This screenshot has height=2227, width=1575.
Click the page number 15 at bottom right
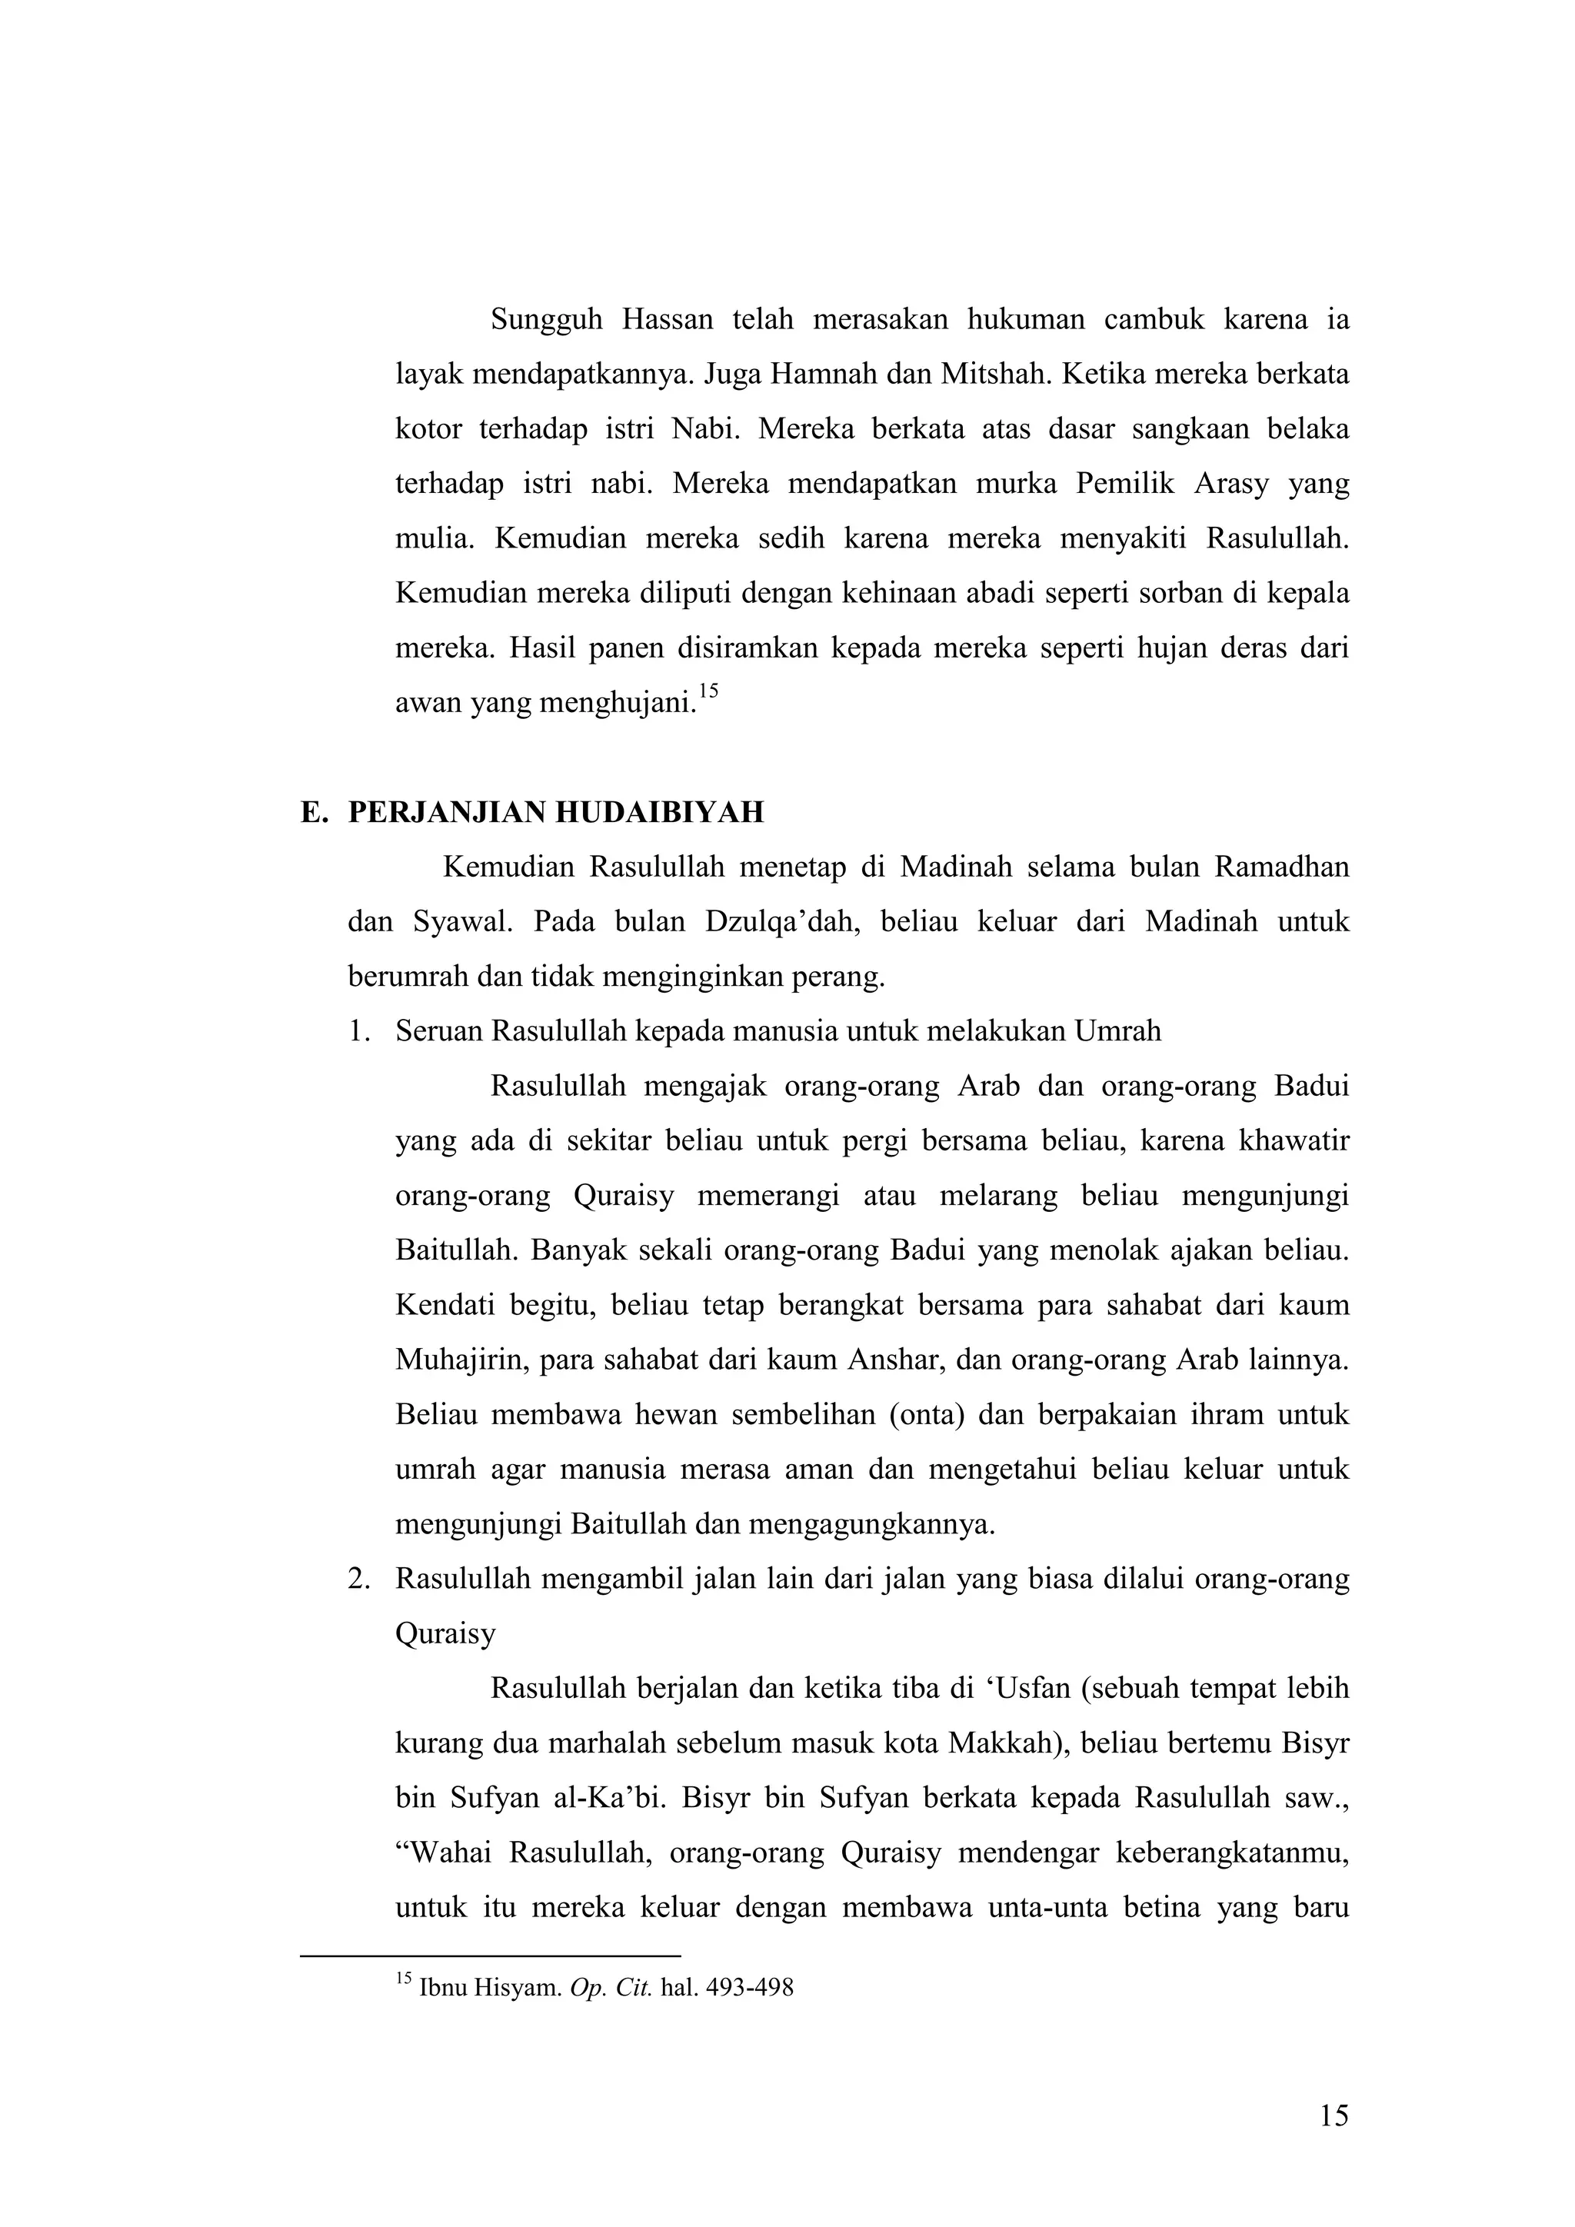tap(1334, 2116)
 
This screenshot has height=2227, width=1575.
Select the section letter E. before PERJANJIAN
tap(311, 812)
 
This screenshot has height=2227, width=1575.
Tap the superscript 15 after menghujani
tap(708, 691)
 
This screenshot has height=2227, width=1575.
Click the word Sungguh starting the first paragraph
tap(546, 320)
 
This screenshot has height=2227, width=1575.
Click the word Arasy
tap(1230, 483)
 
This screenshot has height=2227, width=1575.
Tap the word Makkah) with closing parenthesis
tap(1007, 1743)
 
